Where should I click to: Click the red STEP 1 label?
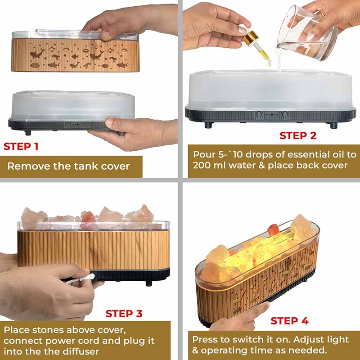(21, 147)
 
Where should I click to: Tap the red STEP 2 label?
(298, 136)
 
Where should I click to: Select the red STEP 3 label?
(124, 314)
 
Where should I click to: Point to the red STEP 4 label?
(289, 321)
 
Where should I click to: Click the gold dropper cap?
(251, 38)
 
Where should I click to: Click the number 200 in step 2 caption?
(201, 165)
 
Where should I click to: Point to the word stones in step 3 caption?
(47, 330)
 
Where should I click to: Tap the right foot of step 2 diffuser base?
(333, 126)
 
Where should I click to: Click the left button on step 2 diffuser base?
(259, 114)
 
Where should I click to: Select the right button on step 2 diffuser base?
(285, 114)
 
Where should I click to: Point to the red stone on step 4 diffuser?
(274, 230)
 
